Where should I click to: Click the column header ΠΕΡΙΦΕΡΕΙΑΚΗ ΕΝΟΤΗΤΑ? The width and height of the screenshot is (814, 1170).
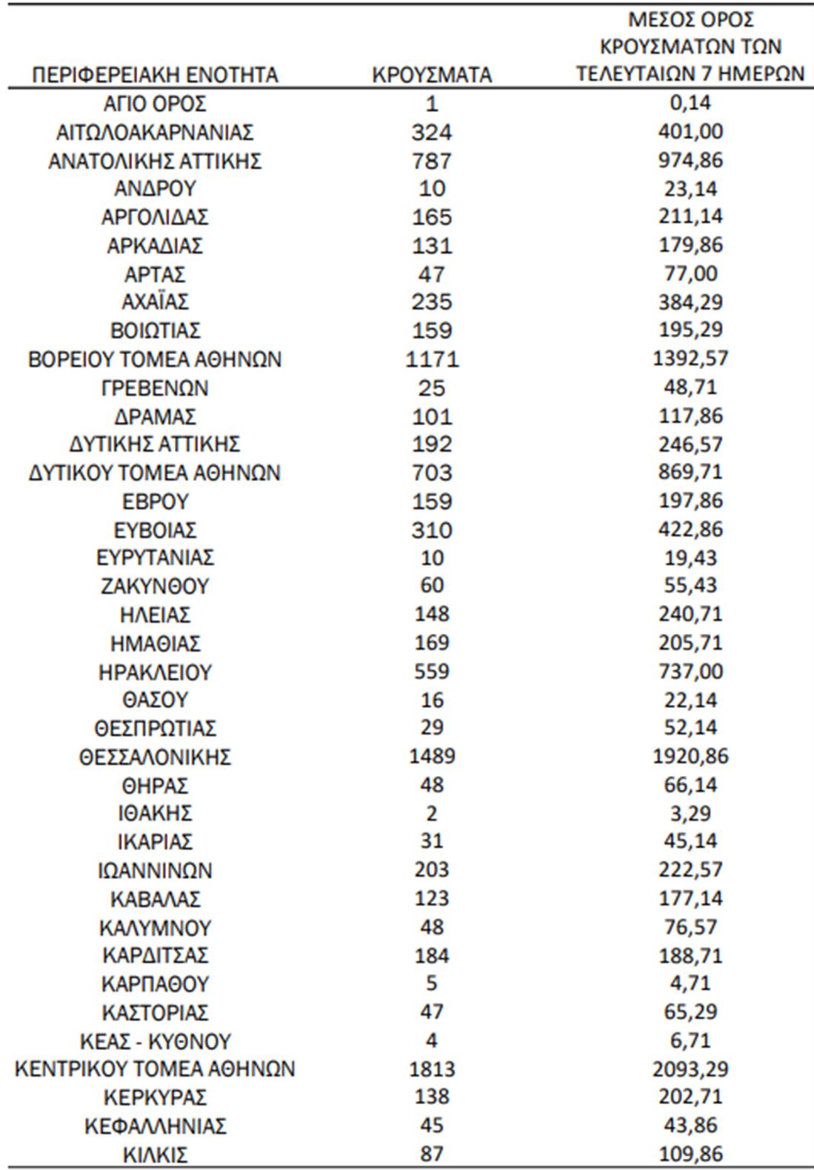pyautogui.click(x=155, y=75)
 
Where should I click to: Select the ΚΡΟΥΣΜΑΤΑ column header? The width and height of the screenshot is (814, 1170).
pyautogui.click(x=432, y=75)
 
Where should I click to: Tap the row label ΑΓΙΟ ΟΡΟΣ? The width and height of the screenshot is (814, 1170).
pyautogui.click(x=155, y=104)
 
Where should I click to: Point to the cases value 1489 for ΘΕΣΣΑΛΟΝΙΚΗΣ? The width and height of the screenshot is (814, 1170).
pyautogui.click(x=432, y=757)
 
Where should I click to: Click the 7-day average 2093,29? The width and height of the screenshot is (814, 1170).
pyautogui.click(x=691, y=1069)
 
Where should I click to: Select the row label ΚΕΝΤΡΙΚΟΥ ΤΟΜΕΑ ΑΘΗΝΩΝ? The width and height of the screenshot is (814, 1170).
pyautogui.click(x=155, y=1069)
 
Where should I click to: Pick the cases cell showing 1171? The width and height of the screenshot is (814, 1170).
pyautogui.click(x=432, y=359)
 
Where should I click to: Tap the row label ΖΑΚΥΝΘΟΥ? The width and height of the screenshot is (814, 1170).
pyautogui.click(x=155, y=586)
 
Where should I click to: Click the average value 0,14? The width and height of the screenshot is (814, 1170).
pyautogui.click(x=691, y=104)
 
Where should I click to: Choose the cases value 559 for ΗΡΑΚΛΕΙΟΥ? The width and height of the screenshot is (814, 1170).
pyautogui.click(x=432, y=672)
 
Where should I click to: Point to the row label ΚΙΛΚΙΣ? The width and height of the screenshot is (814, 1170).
pyautogui.click(x=155, y=1154)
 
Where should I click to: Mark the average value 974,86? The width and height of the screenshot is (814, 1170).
pyautogui.click(x=691, y=161)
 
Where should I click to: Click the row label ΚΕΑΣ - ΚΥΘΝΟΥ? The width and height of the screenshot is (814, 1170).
pyautogui.click(x=155, y=1041)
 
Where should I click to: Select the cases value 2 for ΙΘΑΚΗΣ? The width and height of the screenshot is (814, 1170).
pyautogui.click(x=432, y=814)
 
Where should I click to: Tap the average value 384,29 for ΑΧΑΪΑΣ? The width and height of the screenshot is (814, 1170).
pyautogui.click(x=691, y=302)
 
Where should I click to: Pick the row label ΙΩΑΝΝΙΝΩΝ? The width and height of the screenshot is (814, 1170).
pyautogui.click(x=155, y=870)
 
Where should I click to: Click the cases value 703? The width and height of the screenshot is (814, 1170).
pyautogui.click(x=432, y=472)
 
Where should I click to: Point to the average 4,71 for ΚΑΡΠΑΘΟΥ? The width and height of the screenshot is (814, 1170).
pyautogui.click(x=691, y=984)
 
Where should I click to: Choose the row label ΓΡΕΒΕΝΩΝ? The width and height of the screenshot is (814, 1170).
pyautogui.click(x=155, y=387)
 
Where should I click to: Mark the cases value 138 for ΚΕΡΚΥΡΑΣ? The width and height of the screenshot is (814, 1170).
pyautogui.click(x=432, y=1097)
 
